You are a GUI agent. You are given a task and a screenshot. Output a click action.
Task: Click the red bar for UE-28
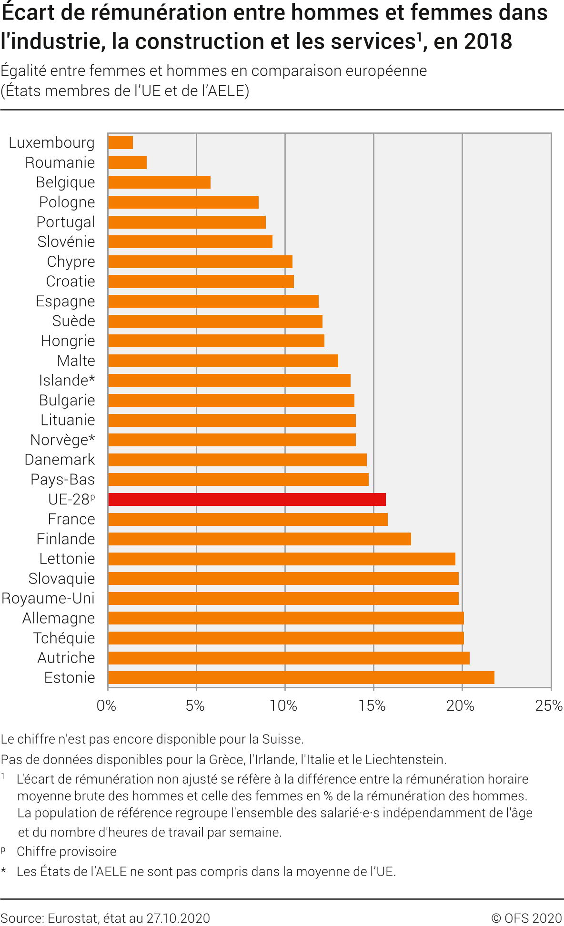(x=247, y=499)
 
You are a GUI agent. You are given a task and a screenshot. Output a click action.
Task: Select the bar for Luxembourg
(x=121, y=142)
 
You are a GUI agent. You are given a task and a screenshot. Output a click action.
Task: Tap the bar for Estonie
(x=301, y=677)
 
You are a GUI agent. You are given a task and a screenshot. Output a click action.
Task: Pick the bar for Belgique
(x=159, y=182)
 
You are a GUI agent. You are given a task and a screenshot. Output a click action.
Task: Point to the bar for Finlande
(x=260, y=539)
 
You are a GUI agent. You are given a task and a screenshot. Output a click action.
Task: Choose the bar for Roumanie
(x=127, y=162)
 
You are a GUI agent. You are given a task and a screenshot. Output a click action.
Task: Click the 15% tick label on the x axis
(x=372, y=705)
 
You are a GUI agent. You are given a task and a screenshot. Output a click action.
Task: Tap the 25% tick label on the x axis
(x=549, y=705)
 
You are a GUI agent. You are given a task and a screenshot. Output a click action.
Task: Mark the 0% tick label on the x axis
(x=106, y=705)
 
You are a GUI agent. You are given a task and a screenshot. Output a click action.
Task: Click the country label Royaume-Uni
(x=48, y=598)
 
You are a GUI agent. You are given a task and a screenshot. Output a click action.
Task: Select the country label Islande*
(x=67, y=380)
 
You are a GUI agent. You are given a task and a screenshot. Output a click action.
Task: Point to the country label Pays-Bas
(x=62, y=479)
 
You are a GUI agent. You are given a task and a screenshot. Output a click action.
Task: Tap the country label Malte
(x=76, y=361)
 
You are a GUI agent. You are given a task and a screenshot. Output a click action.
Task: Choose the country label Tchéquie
(x=64, y=638)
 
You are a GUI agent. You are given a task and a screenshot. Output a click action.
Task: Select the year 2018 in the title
(x=488, y=41)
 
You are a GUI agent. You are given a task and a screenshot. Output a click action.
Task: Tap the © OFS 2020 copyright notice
(x=526, y=918)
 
